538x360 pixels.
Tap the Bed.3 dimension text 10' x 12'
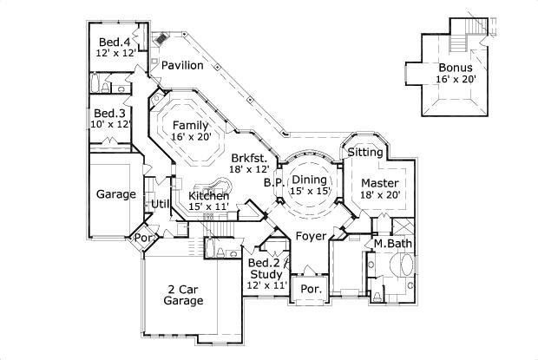coord(113,124)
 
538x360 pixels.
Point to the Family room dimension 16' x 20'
coord(189,136)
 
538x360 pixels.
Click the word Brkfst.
coord(249,157)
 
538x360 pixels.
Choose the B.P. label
coord(273,183)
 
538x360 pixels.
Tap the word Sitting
coord(365,152)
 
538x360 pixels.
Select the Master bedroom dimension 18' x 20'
coord(379,195)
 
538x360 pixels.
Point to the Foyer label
coord(310,235)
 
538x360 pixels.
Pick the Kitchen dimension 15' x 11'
coord(209,207)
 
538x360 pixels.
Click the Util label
coord(161,204)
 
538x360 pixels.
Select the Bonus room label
coord(456,68)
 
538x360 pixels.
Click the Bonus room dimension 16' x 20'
coord(456,79)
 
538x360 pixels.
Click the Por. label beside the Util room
coord(139,237)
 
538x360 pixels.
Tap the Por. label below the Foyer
coord(308,289)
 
